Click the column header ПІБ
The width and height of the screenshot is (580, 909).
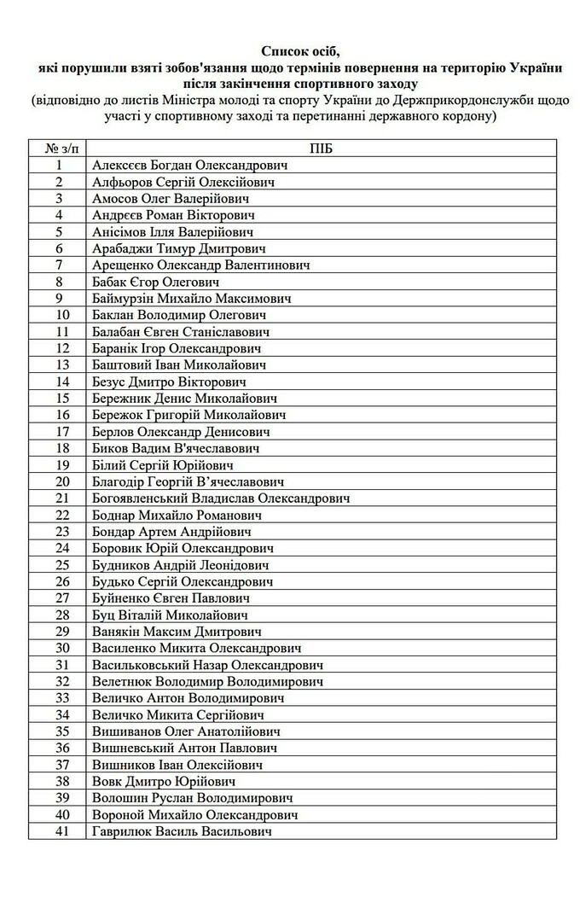click(x=322, y=149)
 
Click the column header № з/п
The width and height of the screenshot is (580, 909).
click(x=58, y=149)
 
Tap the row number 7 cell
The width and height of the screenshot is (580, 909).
click(x=58, y=265)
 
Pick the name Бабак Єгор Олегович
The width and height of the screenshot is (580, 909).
click(x=156, y=282)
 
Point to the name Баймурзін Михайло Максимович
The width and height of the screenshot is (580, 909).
click(x=192, y=299)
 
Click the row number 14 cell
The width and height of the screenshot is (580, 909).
click(x=58, y=382)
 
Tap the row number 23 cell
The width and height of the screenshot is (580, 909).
click(x=58, y=532)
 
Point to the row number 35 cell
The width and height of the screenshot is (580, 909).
click(x=58, y=731)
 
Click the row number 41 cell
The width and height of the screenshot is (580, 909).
click(x=58, y=831)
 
